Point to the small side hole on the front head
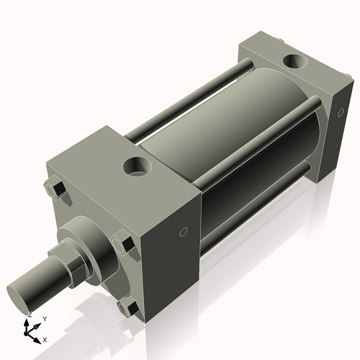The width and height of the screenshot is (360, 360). click(183, 232)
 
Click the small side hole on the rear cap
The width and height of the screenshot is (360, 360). click(341, 112)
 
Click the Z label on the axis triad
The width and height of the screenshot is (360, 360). click(29, 315)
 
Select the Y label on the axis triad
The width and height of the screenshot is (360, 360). click(44, 318)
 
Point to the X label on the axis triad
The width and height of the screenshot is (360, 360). click(45, 338)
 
